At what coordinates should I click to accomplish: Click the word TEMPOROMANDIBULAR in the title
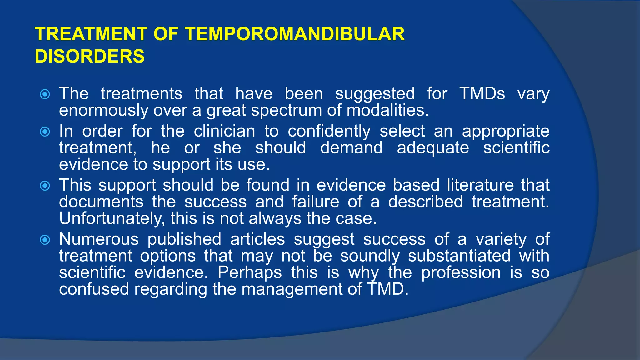(x=295, y=34)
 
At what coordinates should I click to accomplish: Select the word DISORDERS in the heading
(x=90, y=56)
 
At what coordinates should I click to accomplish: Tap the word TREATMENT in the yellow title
(x=91, y=34)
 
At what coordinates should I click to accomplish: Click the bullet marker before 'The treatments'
(x=45, y=94)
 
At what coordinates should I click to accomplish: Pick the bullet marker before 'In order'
(x=45, y=132)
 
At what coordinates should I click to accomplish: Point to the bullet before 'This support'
(x=45, y=186)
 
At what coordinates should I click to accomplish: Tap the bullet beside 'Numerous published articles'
(x=45, y=240)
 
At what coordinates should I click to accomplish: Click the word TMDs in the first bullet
(x=482, y=93)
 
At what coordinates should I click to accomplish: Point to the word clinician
(x=224, y=131)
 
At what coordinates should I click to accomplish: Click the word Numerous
(x=99, y=239)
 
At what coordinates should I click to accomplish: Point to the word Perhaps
(x=250, y=272)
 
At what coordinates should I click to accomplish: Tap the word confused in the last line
(x=94, y=289)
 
